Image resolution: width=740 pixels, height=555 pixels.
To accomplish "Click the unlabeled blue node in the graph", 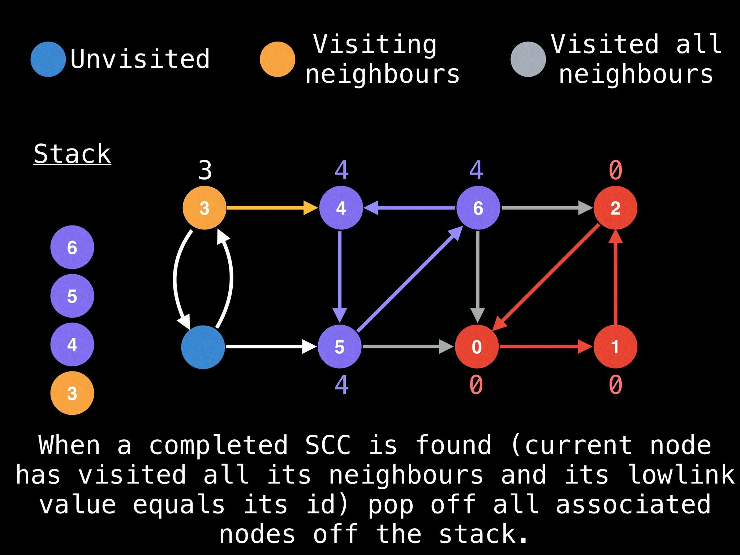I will pyautogui.click(x=203, y=347).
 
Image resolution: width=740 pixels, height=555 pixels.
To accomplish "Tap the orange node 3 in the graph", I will pyautogui.click(x=205, y=208).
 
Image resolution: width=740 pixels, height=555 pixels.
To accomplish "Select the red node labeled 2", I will pyautogui.click(x=615, y=208).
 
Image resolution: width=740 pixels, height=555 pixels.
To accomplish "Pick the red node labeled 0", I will pyautogui.click(x=477, y=347).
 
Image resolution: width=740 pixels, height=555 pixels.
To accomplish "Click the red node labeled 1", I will pyautogui.click(x=615, y=347).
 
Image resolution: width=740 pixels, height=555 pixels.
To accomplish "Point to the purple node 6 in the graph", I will pyautogui.click(x=478, y=208).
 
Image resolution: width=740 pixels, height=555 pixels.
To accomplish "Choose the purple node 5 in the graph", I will pyautogui.click(x=340, y=347).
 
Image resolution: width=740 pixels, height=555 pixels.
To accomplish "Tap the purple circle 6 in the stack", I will pyautogui.click(x=72, y=248).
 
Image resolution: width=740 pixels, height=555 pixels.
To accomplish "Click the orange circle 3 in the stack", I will pyautogui.click(x=72, y=393).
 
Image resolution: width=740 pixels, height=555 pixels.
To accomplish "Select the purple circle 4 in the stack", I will pyautogui.click(x=72, y=344).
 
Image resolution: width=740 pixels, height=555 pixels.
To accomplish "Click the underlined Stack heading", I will pyautogui.click(x=72, y=154).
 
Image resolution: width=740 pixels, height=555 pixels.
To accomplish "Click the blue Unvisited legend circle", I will pyautogui.click(x=48, y=59).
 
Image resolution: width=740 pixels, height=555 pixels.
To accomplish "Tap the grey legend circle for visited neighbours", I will pyautogui.click(x=528, y=59).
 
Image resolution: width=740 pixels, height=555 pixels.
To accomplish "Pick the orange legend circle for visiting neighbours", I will pyautogui.click(x=277, y=59).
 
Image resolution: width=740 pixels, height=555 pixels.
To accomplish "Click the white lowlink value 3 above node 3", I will pyautogui.click(x=205, y=170).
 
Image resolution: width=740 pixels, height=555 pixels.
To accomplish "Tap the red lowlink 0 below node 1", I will pyautogui.click(x=615, y=385).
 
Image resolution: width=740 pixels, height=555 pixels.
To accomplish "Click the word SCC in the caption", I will pyautogui.click(x=328, y=445).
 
